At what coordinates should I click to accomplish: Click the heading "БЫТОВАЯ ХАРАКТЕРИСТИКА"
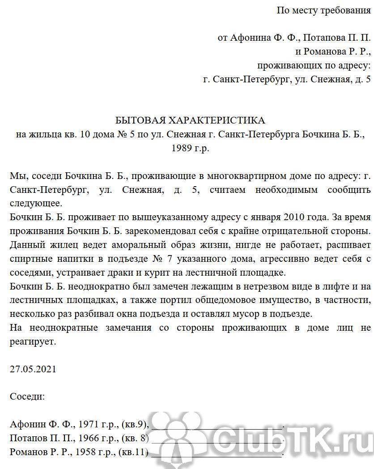click(x=190, y=120)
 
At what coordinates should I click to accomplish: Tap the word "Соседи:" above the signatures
click(x=27, y=397)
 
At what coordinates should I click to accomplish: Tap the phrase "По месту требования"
click(x=323, y=10)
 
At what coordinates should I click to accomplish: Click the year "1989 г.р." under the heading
click(x=190, y=148)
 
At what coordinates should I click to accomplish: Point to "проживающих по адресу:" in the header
click(x=314, y=66)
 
